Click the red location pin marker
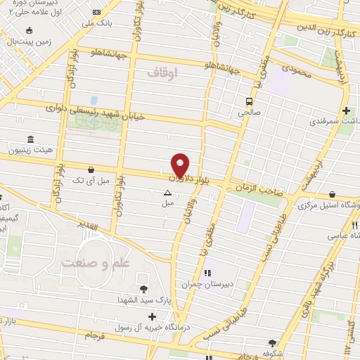(x=181, y=165)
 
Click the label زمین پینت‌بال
(x=29, y=41)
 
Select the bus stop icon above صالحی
(x=249, y=101)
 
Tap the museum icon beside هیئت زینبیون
(x=29, y=140)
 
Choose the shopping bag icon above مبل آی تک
(x=91, y=169)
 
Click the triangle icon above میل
(x=167, y=193)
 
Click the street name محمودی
(x=295, y=69)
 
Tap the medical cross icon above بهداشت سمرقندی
(x=346, y=110)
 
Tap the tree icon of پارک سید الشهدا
(x=144, y=288)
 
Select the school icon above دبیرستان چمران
(x=208, y=273)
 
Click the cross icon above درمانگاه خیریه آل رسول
(x=153, y=317)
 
